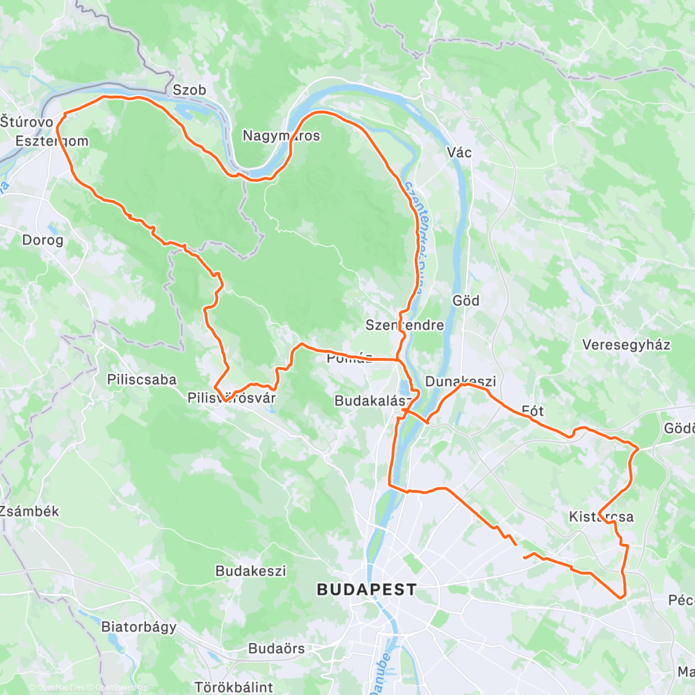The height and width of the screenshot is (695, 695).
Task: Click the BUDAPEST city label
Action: pyautogui.click(x=366, y=590)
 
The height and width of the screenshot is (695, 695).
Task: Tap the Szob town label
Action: pyautogui.click(x=189, y=90)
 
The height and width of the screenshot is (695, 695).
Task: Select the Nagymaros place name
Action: pyautogui.click(x=281, y=136)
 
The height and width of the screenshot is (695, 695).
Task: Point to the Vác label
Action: pyautogui.click(x=459, y=152)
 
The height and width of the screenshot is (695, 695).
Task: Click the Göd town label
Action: pyautogui.click(x=466, y=301)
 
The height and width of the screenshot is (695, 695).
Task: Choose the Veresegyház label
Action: pyautogui.click(x=626, y=345)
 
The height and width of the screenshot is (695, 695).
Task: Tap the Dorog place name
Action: pyautogui.click(x=42, y=240)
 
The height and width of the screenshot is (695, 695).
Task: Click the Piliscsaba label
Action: pyautogui.click(x=142, y=380)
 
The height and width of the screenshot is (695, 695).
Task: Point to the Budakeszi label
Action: pyautogui.click(x=251, y=571)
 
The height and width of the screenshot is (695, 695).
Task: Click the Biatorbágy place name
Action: pyautogui.click(x=139, y=627)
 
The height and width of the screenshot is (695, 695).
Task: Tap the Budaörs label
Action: pyautogui.click(x=276, y=649)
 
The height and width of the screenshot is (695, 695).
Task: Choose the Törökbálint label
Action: pyautogui.click(x=233, y=687)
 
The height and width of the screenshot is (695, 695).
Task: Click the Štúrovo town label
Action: pyautogui.click(x=27, y=122)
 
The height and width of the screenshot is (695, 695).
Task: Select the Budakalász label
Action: pyautogui.click(x=374, y=401)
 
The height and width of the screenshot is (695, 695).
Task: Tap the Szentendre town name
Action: pyautogui.click(x=404, y=325)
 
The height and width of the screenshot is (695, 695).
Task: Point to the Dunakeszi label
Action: pyautogui.click(x=460, y=382)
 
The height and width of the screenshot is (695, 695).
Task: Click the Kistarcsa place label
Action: pyautogui.click(x=601, y=517)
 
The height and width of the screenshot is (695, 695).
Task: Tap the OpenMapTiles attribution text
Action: pyautogui.click(x=60, y=688)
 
